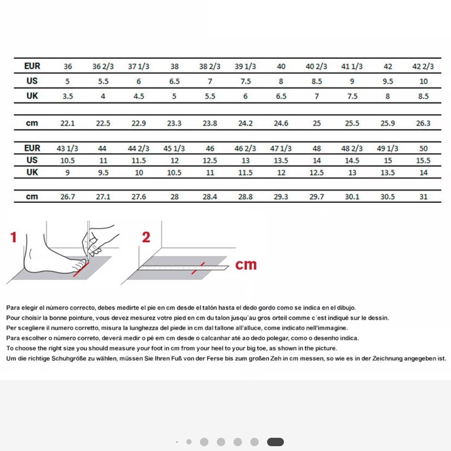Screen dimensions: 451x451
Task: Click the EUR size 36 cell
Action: [x=68, y=66]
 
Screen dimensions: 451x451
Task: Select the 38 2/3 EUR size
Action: [x=210, y=66]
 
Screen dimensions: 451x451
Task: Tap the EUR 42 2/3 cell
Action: [x=423, y=66]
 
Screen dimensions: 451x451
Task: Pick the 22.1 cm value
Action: [x=68, y=124]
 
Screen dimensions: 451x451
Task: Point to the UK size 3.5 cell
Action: [x=68, y=97]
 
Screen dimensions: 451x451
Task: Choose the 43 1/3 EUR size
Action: [x=67, y=148]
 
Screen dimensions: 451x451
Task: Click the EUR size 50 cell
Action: [x=423, y=148]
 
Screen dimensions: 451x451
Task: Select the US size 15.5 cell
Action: [x=423, y=161]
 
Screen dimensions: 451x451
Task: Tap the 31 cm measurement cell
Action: [x=423, y=197]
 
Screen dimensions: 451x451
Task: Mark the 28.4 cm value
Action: [x=210, y=197]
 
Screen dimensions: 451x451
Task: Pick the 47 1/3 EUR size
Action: [x=281, y=148]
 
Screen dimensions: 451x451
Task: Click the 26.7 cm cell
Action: [x=68, y=197]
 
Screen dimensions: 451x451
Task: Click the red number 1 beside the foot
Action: [x=14, y=237]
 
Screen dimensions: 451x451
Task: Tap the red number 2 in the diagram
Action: [x=146, y=237]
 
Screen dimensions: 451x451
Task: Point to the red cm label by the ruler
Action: [x=246, y=265]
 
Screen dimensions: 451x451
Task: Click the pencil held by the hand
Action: [x=88, y=242]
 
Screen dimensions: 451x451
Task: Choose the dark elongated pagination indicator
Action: [x=275, y=442]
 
